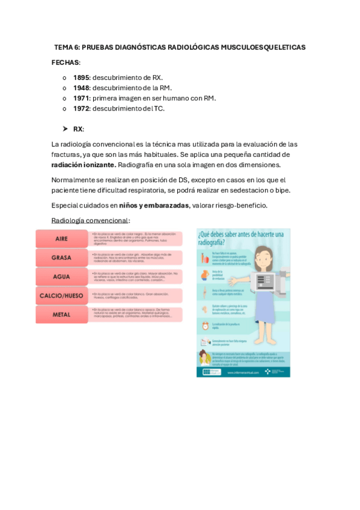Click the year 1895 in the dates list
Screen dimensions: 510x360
coord(81,78)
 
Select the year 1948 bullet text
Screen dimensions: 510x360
coord(81,88)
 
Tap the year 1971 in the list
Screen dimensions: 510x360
coord(81,98)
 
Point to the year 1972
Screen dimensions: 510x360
coord(81,108)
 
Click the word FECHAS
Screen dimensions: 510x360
coord(66,63)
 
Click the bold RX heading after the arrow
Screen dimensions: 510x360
coord(78,129)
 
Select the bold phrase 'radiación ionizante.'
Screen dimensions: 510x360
coord(84,165)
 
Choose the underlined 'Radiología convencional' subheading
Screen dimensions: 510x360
coord(90,221)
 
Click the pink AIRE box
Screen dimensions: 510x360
coord(62,239)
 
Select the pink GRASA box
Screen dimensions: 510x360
coord(62,258)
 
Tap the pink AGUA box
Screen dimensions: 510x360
coord(62,277)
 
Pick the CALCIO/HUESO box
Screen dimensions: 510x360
coord(62,296)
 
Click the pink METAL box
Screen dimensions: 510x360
coord(62,315)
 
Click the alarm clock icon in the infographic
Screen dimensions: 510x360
coord(205,325)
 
